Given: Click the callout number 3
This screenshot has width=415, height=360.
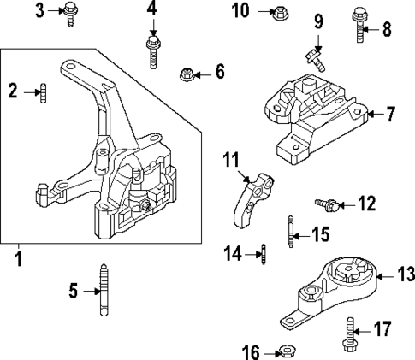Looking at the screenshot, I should (39, 10).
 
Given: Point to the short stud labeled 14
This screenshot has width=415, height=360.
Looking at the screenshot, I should (264, 253).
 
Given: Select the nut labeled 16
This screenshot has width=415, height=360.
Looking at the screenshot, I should (289, 350).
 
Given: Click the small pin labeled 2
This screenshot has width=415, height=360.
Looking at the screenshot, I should (41, 91).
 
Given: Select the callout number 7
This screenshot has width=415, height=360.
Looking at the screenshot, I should (390, 113).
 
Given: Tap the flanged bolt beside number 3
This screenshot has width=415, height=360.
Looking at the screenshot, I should (68, 11).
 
